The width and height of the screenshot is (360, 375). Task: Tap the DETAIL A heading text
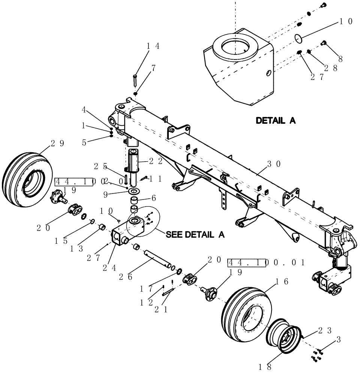(276, 121)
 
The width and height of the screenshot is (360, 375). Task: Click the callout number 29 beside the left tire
(57, 143)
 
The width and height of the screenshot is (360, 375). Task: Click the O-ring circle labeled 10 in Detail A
(298, 38)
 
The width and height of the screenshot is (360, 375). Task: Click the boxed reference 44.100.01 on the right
(266, 262)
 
